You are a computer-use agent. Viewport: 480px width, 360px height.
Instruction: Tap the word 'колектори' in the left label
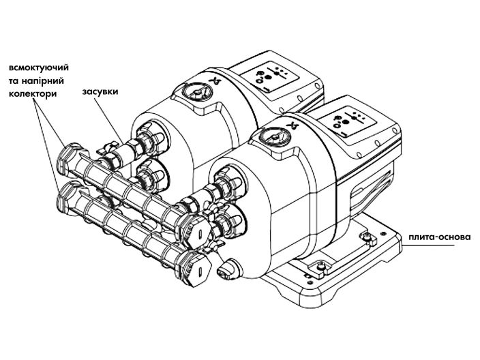pos(32,93)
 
